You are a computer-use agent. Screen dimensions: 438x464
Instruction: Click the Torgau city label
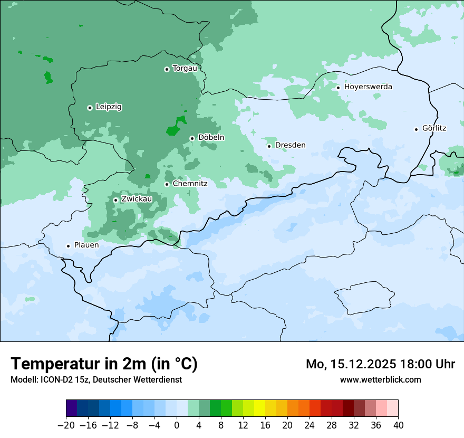(x=185, y=68)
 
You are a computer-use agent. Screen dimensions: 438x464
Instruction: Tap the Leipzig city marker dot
(x=90, y=108)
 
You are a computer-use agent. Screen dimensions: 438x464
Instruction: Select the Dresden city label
(x=290, y=145)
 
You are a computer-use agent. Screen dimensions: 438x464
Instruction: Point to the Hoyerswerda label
(x=368, y=87)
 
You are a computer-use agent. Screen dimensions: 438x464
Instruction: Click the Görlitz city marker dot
(x=416, y=129)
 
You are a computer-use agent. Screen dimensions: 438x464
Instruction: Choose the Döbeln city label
(x=211, y=137)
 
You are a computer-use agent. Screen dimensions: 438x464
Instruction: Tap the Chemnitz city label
(x=190, y=184)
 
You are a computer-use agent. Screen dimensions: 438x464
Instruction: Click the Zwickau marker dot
(x=115, y=200)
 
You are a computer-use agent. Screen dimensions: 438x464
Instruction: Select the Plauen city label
(x=86, y=245)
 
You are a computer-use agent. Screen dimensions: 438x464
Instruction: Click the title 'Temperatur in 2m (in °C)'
(x=104, y=364)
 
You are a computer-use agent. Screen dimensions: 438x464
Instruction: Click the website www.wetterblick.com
(x=380, y=379)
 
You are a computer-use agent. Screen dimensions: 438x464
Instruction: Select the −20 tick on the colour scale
(x=66, y=425)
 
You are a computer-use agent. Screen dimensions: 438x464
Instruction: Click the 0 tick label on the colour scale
(x=177, y=425)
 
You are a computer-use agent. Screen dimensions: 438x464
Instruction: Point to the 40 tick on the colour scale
(x=398, y=425)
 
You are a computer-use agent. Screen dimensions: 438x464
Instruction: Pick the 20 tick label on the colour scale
(x=287, y=425)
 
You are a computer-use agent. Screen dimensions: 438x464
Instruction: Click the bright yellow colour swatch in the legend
(x=259, y=408)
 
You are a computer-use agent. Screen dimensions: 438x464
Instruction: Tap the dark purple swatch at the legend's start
(x=72, y=408)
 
